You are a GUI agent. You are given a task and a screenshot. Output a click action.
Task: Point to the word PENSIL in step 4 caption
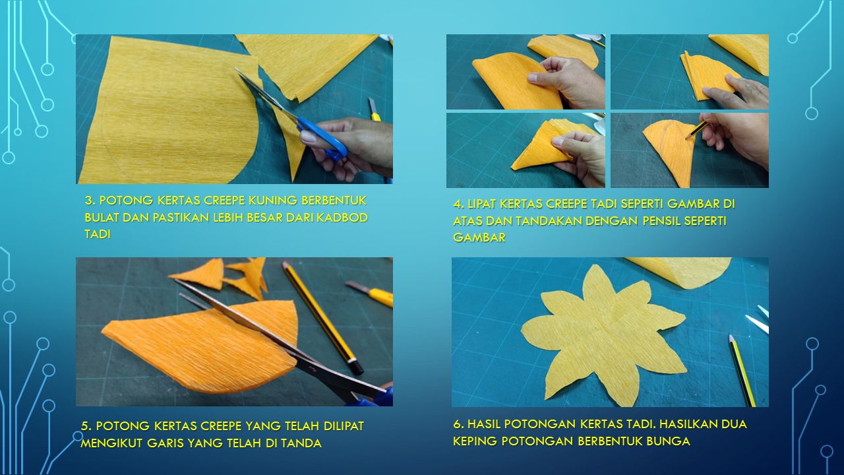point(661,221)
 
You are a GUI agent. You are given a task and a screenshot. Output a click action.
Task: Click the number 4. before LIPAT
point(458,204)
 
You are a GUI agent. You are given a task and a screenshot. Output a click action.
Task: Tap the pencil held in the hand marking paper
point(696,129)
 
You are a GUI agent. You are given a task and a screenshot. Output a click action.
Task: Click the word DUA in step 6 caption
point(734,424)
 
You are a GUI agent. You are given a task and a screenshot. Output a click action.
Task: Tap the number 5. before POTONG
point(86,426)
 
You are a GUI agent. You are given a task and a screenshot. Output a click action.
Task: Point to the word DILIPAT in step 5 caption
point(344,426)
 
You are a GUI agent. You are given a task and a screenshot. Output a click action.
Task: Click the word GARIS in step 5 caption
point(165,443)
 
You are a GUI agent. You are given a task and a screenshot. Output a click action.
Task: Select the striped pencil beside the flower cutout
point(742,370)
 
